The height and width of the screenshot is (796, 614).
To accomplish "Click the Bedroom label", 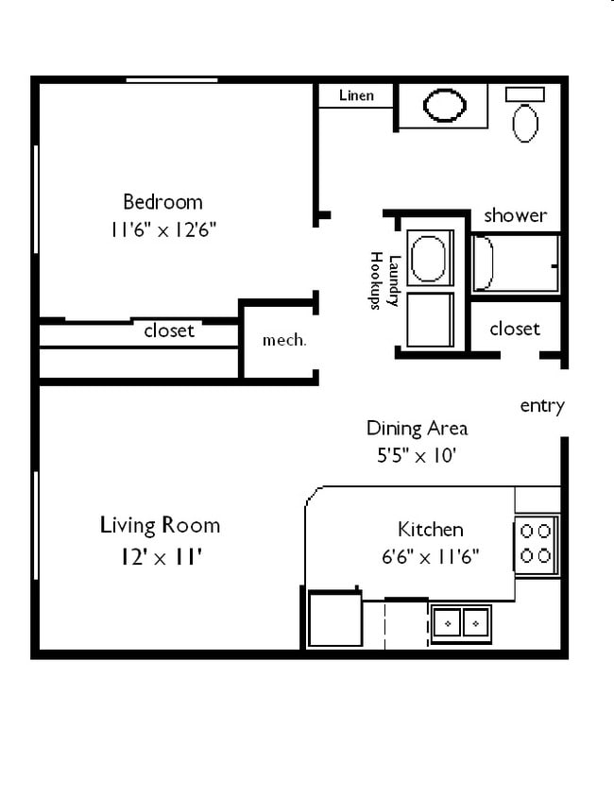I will pyautogui.click(x=162, y=201).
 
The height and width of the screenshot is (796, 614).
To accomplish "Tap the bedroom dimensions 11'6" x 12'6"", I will pyautogui.click(x=162, y=229).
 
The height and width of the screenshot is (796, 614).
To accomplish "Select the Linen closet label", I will pyautogui.click(x=355, y=95).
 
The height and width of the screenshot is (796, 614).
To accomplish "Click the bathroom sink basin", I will pyautogui.click(x=444, y=105).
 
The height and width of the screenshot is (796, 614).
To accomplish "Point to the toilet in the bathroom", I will pyautogui.click(x=525, y=119).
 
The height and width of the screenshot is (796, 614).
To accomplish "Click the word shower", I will pyautogui.click(x=515, y=215).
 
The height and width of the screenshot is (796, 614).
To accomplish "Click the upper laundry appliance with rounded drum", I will pyautogui.click(x=429, y=258).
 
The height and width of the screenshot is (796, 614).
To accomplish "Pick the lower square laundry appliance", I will pyautogui.click(x=430, y=320).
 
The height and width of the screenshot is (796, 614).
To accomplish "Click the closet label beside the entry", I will pyautogui.click(x=515, y=329).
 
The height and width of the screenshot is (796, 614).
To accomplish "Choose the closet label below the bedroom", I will pyautogui.click(x=169, y=330).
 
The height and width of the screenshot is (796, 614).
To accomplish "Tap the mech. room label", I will pyautogui.click(x=283, y=340).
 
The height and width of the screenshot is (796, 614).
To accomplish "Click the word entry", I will pyautogui.click(x=542, y=406).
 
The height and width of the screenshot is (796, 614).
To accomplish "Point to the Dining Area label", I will pyautogui.click(x=417, y=428).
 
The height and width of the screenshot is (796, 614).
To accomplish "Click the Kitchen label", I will pyautogui.click(x=430, y=529).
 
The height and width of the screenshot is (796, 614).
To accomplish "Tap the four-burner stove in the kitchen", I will pyautogui.click(x=536, y=543).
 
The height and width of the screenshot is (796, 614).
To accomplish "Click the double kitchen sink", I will pyautogui.click(x=461, y=623).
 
